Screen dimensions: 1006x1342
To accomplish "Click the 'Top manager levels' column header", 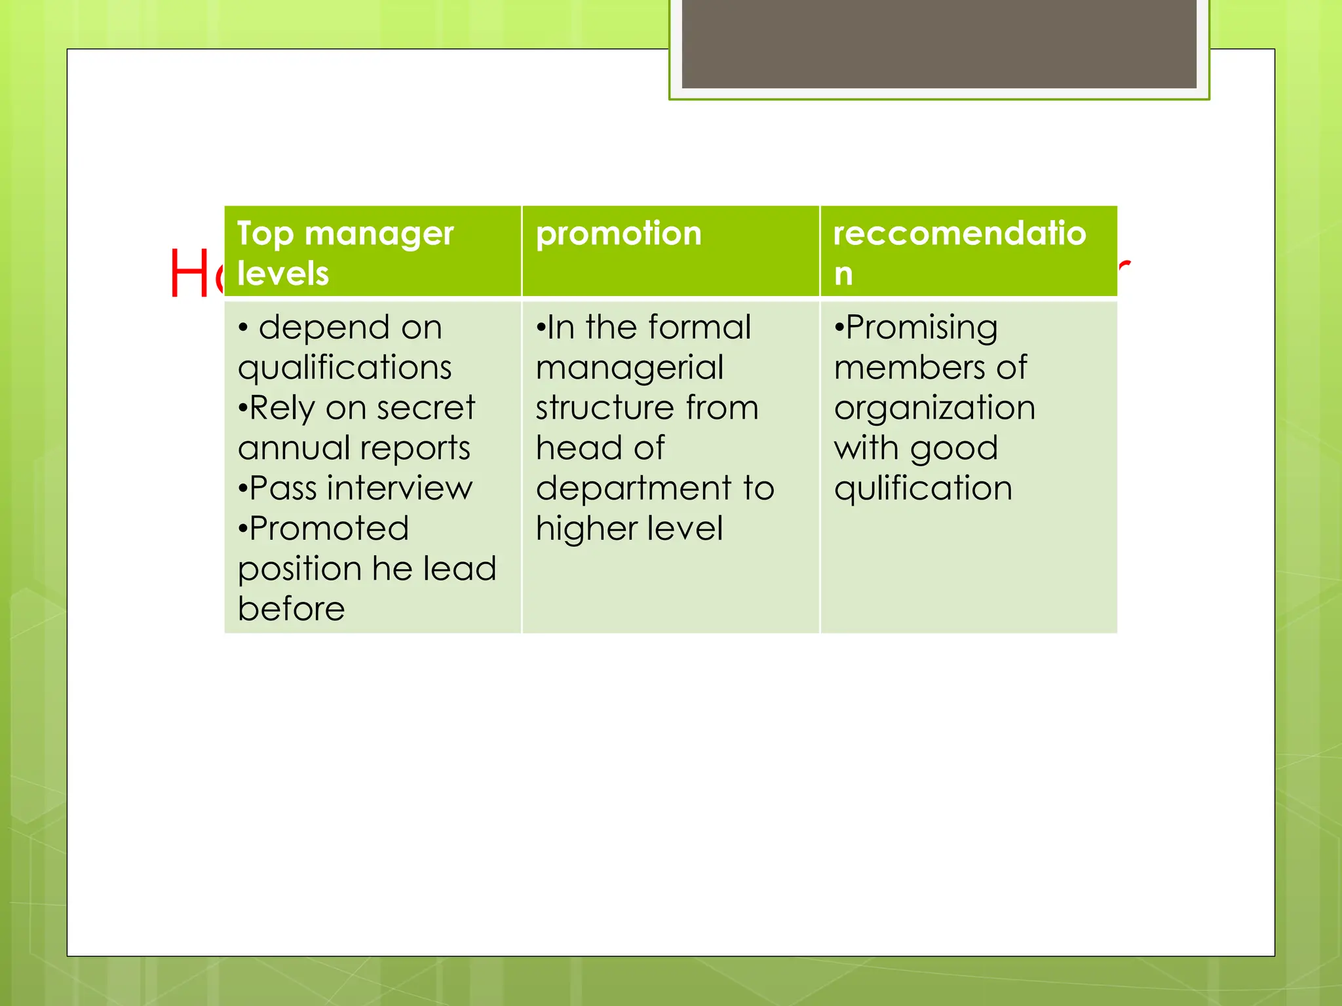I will point(345,253).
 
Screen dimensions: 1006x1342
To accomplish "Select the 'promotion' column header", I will point(619,234).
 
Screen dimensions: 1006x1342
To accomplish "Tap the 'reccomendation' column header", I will point(959,253).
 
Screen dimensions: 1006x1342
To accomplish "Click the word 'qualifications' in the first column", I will point(345,368).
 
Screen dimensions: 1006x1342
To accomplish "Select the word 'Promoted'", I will point(329,529).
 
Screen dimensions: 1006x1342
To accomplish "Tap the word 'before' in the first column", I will point(291,609).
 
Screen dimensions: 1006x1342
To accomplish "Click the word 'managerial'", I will point(630,368).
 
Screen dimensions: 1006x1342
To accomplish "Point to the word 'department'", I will point(633,489).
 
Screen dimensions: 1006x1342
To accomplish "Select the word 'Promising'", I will point(921,328).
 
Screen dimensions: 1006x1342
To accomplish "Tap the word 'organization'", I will point(934,408).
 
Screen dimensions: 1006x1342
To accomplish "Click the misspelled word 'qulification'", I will point(923,489).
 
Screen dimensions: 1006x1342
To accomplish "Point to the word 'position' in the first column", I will point(299,569).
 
